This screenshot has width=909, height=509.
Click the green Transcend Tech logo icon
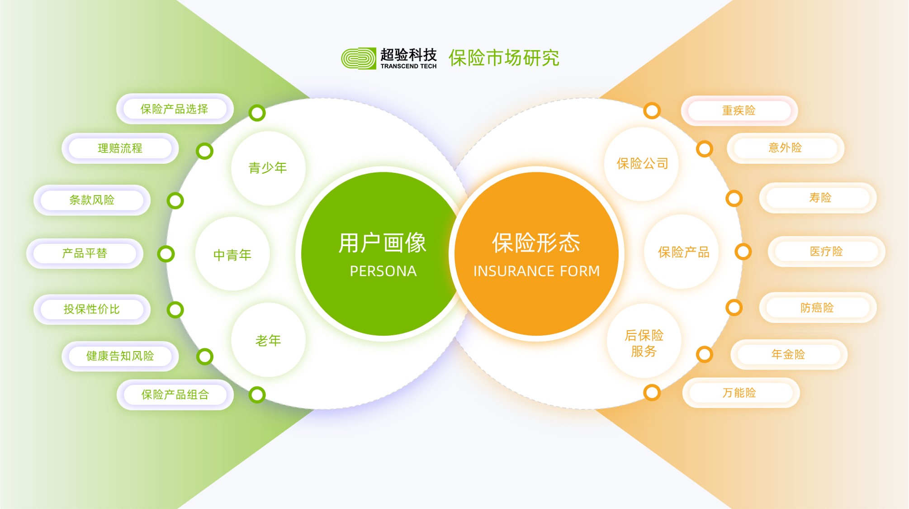coord(358,58)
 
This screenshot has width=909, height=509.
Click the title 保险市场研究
coord(504,58)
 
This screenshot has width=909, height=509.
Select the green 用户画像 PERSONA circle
coord(383,254)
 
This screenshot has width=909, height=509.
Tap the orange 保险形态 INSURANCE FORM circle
coord(536,254)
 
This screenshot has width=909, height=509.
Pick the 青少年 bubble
coord(268,168)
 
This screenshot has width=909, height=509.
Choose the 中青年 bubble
coord(232,254)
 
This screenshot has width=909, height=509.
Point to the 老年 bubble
coord(268,340)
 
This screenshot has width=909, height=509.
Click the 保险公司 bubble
coord(642,164)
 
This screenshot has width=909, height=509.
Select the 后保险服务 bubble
coord(644,343)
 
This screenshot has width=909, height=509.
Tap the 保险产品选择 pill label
coord(175,109)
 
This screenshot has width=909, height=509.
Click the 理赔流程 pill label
coord(120,148)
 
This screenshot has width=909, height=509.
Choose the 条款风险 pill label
coord(92,200)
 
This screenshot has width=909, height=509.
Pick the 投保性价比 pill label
coord(92,309)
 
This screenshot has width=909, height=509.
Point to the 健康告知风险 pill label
coord(120,356)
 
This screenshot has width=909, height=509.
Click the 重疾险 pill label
coord(739,110)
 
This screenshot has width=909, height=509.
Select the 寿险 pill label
coord(818,198)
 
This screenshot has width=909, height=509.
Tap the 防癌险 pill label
coord(818,308)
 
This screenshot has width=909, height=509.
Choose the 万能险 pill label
coord(741,393)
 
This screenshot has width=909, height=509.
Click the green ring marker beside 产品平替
coord(166,254)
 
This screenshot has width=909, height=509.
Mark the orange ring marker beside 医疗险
coord(743,252)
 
